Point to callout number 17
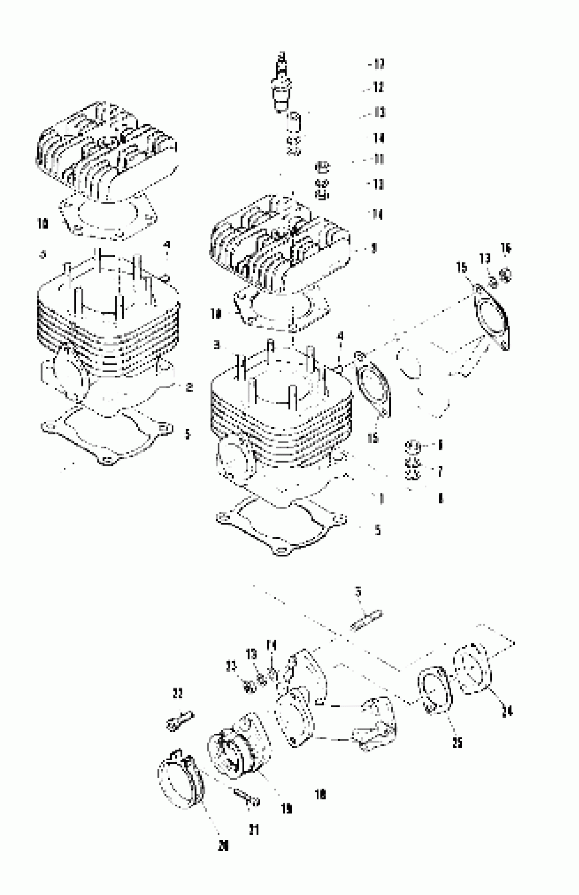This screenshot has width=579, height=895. [379, 64]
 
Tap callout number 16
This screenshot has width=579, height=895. [506, 248]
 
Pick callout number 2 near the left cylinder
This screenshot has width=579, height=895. [189, 387]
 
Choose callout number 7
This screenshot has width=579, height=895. [440, 471]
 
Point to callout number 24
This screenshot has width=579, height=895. [507, 712]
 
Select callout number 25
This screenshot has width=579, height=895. [457, 743]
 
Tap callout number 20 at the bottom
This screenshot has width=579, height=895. [223, 846]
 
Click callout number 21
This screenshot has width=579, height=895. [254, 830]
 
